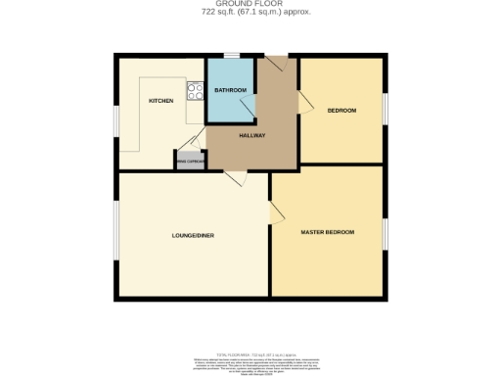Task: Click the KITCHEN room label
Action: (160, 101)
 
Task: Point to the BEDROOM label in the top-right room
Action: (342, 110)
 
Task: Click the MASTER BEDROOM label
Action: (327, 231)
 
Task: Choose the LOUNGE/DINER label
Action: (193, 235)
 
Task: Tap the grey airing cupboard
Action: (190, 161)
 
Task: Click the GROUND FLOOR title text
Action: (250, 5)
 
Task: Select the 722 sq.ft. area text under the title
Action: (250, 14)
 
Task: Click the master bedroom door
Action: (278, 213)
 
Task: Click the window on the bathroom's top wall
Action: (230, 56)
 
